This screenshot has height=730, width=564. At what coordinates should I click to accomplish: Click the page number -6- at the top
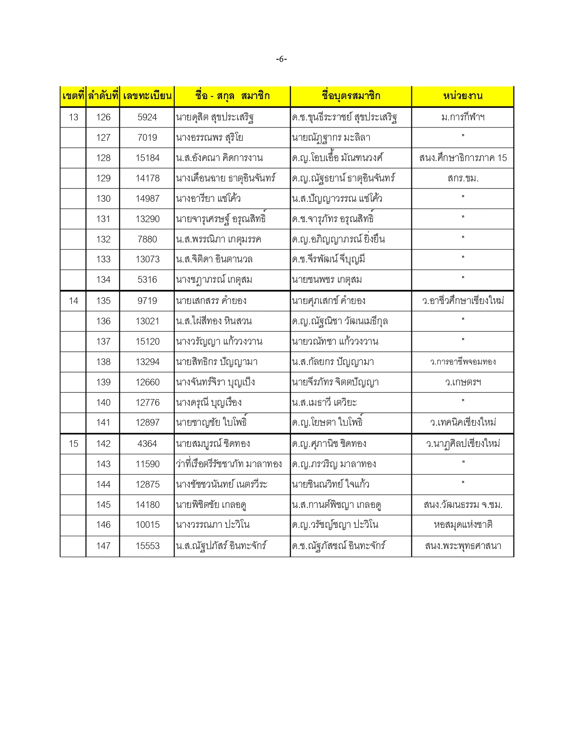point(281,59)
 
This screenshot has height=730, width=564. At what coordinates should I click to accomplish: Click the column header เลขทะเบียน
point(147,96)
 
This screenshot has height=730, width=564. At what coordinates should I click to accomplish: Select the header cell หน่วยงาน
point(463,96)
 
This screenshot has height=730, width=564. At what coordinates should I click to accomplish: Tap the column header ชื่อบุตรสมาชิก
point(351,96)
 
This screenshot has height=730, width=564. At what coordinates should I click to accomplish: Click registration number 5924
point(147,117)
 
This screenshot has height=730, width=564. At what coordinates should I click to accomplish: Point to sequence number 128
point(103,158)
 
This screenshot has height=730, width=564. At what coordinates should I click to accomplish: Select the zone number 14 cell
point(73,301)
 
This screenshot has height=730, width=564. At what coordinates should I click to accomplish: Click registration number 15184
point(147,158)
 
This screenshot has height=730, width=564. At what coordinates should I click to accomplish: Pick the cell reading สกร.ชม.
point(463,178)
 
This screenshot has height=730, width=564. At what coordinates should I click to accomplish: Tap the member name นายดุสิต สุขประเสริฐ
point(215,117)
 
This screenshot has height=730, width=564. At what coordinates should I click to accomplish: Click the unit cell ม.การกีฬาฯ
point(463,117)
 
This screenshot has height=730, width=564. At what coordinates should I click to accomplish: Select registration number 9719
point(147,301)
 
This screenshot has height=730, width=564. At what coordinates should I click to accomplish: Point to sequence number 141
point(103,423)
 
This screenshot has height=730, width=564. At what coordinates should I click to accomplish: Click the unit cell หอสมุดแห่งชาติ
point(463,525)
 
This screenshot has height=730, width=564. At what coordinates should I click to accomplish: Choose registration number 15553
point(147,546)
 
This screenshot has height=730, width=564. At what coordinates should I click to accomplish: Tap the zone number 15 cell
point(73,444)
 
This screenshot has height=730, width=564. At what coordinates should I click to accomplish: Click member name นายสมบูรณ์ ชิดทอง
point(213,444)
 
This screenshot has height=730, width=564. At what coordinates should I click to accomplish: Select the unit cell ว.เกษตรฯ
point(463,382)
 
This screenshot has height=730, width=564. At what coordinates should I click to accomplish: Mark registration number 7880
point(147,239)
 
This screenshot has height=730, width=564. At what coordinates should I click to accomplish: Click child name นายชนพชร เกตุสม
point(327,280)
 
